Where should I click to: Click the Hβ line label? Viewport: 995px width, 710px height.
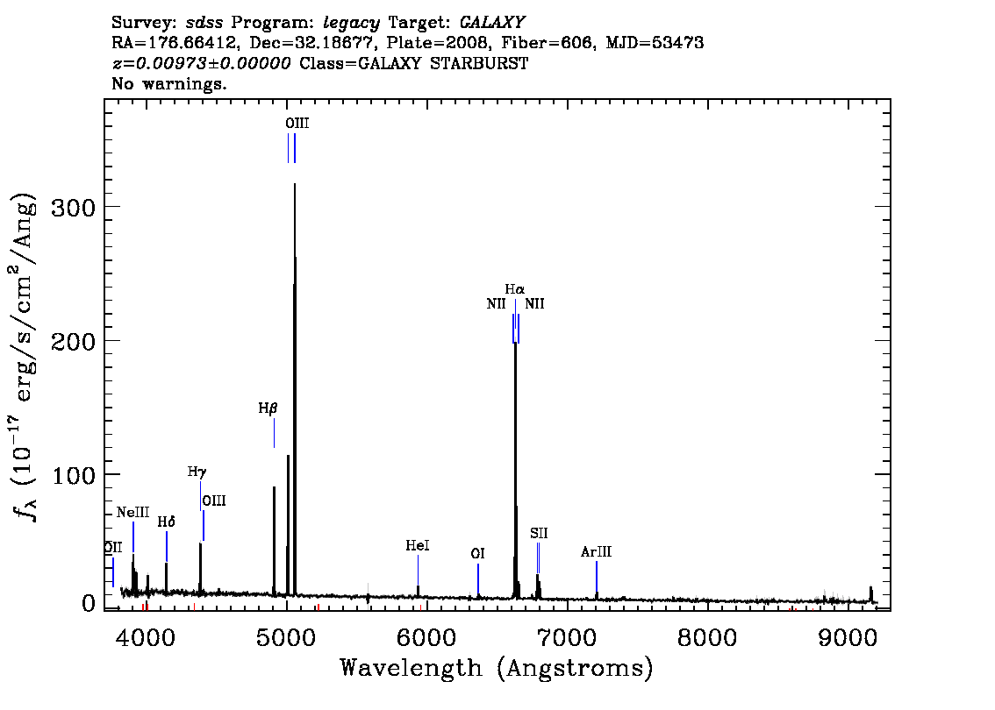pyautogui.click(x=268, y=408)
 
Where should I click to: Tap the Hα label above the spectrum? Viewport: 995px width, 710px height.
pyautogui.click(x=515, y=290)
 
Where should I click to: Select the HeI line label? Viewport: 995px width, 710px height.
pyautogui.click(x=418, y=545)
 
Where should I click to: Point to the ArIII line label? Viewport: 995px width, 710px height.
pyautogui.click(x=596, y=551)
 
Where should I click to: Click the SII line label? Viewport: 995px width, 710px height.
pyautogui.click(x=539, y=533)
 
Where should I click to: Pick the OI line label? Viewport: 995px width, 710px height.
pyautogui.click(x=478, y=553)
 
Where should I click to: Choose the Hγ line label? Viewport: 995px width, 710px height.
pyautogui.click(x=197, y=472)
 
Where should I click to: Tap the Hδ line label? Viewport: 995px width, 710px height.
pyautogui.click(x=166, y=522)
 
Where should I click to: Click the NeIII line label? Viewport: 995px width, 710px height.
pyautogui.click(x=132, y=512)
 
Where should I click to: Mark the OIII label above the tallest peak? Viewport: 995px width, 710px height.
pyautogui.click(x=297, y=123)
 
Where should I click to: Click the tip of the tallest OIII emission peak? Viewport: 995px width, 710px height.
pyautogui.click(x=295, y=184)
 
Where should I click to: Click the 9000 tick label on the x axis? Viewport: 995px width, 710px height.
pyautogui.click(x=847, y=638)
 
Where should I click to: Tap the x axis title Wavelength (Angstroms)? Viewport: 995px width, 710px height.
pyautogui.click(x=497, y=668)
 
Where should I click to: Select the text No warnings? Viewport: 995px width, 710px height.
pyautogui.click(x=168, y=83)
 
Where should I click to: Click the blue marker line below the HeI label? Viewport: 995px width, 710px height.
pyautogui.click(x=419, y=570)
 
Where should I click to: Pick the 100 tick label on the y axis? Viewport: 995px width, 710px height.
pyautogui.click(x=73, y=475)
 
